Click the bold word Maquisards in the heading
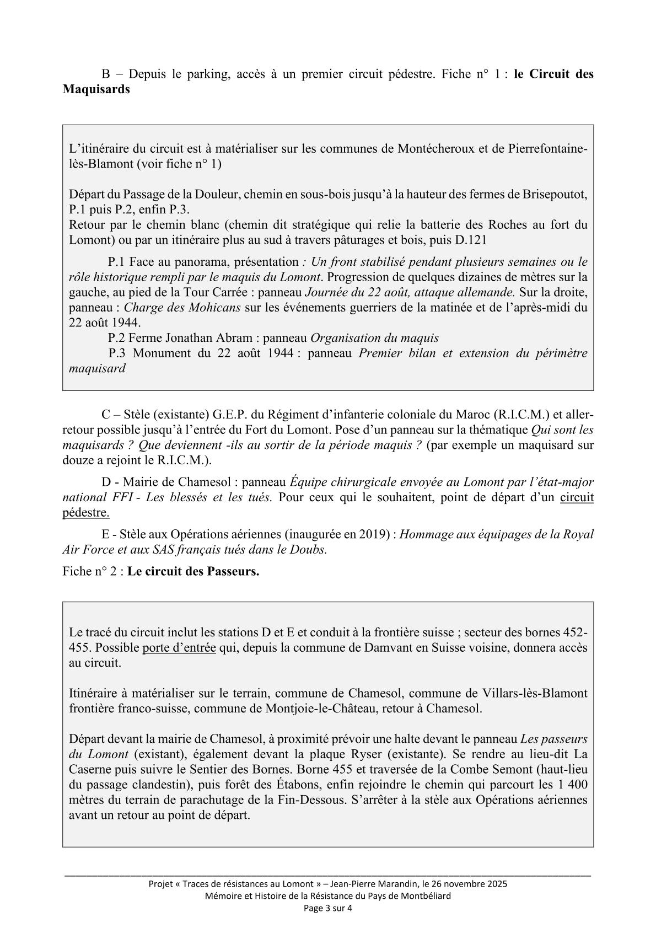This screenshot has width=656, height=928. click(x=96, y=89)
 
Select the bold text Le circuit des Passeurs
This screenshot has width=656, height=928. click(x=193, y=571)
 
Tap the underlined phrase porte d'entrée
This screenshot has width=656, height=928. click(x=179, y=647)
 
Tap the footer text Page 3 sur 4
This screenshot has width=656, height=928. click(x=328, y=908)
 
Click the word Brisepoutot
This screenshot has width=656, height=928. click(x=552, y=195)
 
